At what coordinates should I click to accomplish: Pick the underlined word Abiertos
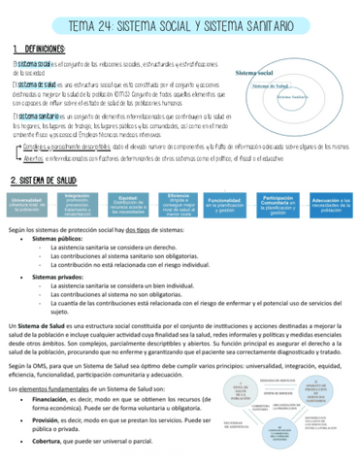(33, 157)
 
